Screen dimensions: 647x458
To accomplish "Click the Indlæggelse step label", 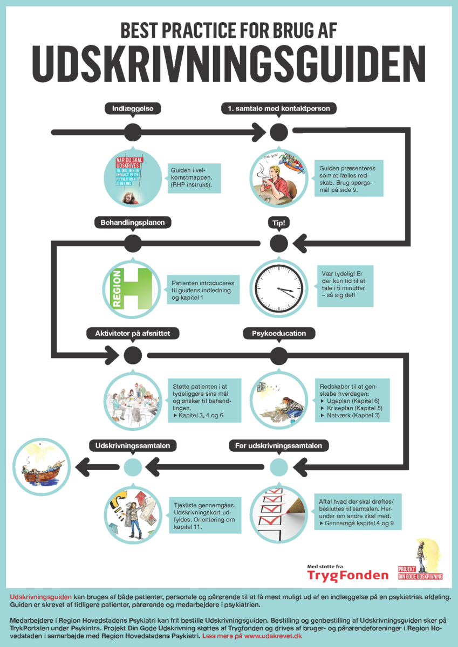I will coord(133,108).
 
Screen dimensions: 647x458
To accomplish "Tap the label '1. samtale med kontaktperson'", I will coord(279,108).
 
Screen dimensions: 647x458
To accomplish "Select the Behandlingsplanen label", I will coord(133,222).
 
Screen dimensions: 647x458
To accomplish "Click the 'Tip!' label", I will coord(279,222).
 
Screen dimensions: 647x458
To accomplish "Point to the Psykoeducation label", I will coord(279,333).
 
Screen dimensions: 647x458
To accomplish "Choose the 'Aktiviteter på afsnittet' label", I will coord(133,333).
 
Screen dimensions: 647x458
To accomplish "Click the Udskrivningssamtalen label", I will coord(133,445).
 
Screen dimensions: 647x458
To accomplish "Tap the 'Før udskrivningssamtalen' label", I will coord(279,445).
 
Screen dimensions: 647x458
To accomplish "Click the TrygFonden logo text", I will coord(347,575).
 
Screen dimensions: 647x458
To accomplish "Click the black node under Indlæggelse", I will coord(133,132).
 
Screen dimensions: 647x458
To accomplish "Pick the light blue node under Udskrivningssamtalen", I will coord(133,466).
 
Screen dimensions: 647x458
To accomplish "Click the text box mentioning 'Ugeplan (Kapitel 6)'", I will coord(353,401).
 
